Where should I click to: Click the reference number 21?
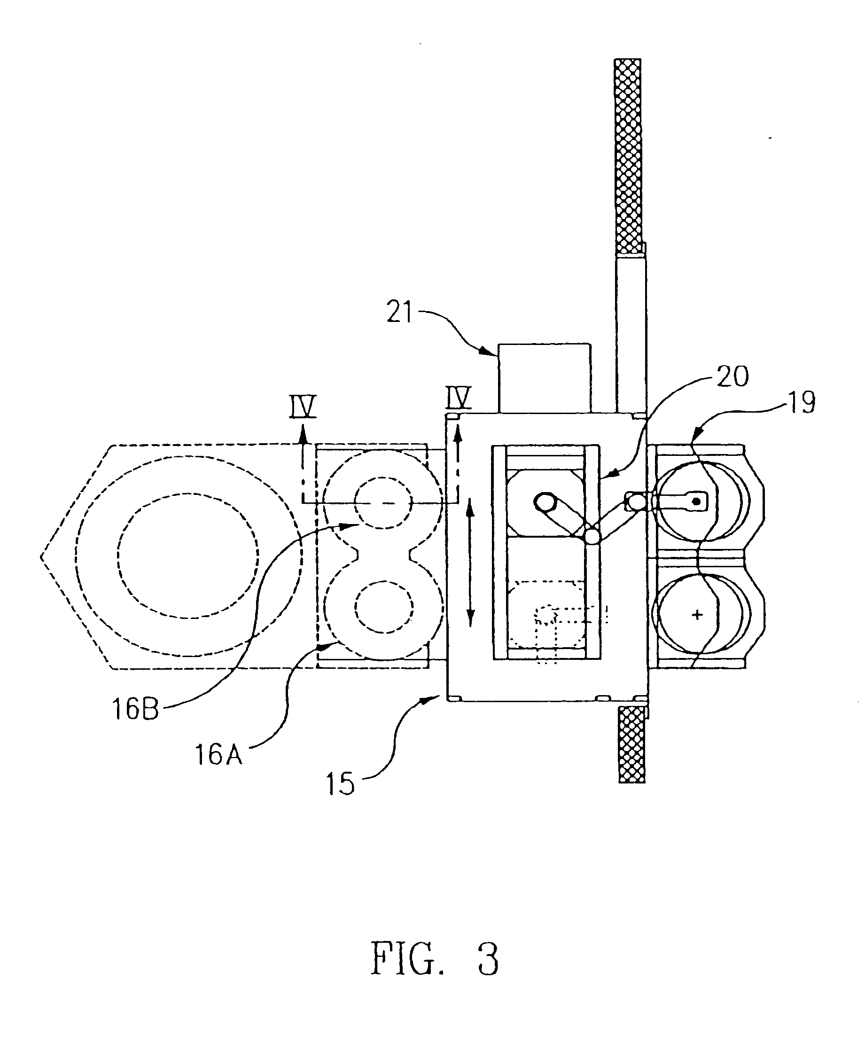pos(400,313)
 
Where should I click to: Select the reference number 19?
pos(801,402)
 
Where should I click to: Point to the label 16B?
pos(135,709)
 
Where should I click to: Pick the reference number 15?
pos(340,784)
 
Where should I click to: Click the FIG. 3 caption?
pos(435,958)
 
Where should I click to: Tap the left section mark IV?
pos(303,406)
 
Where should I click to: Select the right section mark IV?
pos(459,397)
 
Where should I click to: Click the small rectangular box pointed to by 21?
pos(545,378)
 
